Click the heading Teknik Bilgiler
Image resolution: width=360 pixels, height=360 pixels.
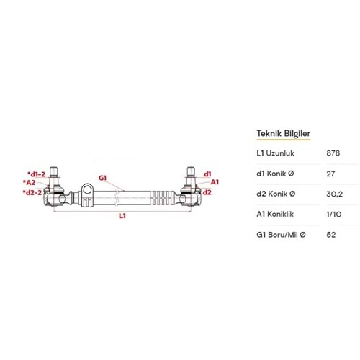coord(284,133)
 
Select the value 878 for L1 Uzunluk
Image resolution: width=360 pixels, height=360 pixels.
coord(333,153)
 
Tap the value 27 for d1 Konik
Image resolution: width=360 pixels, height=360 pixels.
coord(330,174)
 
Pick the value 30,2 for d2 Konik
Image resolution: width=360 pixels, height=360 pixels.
coord(335,194)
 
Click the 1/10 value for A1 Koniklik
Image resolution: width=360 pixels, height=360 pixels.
coord(334,214)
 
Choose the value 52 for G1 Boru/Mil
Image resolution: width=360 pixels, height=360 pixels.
coord(331,235)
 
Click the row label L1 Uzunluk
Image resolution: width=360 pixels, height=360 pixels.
coord(275,153)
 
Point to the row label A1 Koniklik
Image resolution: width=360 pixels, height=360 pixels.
coord(275,214)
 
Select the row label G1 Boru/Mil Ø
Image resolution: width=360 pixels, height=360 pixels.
coord(281,235)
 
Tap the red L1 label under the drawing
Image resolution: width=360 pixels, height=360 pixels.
coord(122,216)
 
